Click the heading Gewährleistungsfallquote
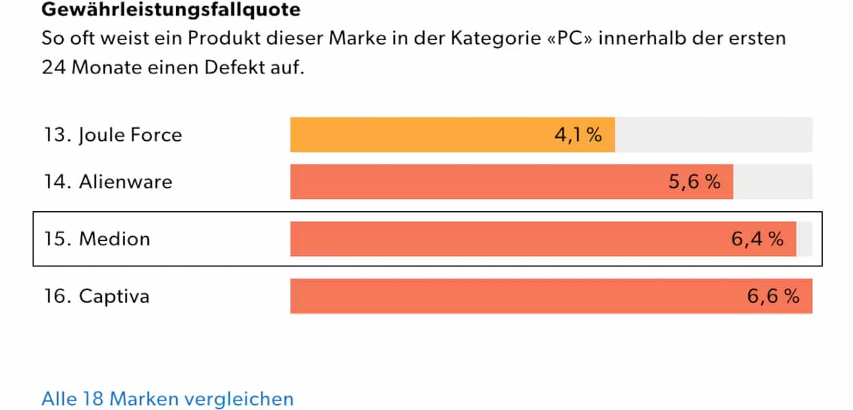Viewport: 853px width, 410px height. [171, 9]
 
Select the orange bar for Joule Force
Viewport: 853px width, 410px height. [421, 135]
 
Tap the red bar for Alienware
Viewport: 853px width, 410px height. [478, 182]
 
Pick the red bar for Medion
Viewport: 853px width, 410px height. [506, 239]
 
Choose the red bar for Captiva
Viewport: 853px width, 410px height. [512, 296]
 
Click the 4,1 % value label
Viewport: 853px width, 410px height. [578, 135]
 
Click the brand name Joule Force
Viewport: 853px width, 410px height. [130, 135]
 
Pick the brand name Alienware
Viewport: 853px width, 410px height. [126, 182]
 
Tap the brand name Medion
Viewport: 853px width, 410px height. [114, 239]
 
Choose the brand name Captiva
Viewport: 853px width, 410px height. [114, 296]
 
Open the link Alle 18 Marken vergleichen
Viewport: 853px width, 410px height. [168, 399]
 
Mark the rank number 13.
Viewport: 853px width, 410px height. [55, 135]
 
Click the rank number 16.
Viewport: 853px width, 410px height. [55, 296]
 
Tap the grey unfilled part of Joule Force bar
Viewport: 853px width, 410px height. [714, 135]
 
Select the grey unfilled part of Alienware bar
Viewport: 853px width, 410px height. [773, 182]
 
